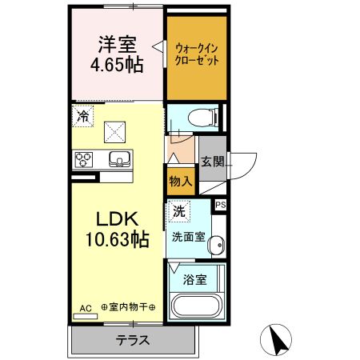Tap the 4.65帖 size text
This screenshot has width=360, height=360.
pyautogui.click(x=118, y=66)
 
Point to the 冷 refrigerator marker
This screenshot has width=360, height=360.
pyautogui.click(x=83, y=115)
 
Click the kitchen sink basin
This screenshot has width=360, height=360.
pyautogui.click(x=119, y=158)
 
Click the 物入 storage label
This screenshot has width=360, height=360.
pyautogui.click(x=180, y=181)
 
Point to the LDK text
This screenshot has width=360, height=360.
pyautogui.click(x=118, y=218)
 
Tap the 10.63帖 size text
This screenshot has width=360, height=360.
pyautogui.click(x=118, y=238)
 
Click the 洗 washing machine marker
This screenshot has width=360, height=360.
pyautogui.click(x=179, y=212)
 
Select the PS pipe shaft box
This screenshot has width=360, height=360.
pyautogui.click(x=221, y=205)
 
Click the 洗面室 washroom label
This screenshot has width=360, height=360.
pyautogui.click(x=188, y=237)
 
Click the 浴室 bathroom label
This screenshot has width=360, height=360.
pyautogui.click(x=194, y=280)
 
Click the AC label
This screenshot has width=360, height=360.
pyautogui.click(x=86, y=307)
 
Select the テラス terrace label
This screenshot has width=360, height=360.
pyautogui.click(x=133, y=339)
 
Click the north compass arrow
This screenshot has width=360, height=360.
pyautogui.click(x=278, y=339)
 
